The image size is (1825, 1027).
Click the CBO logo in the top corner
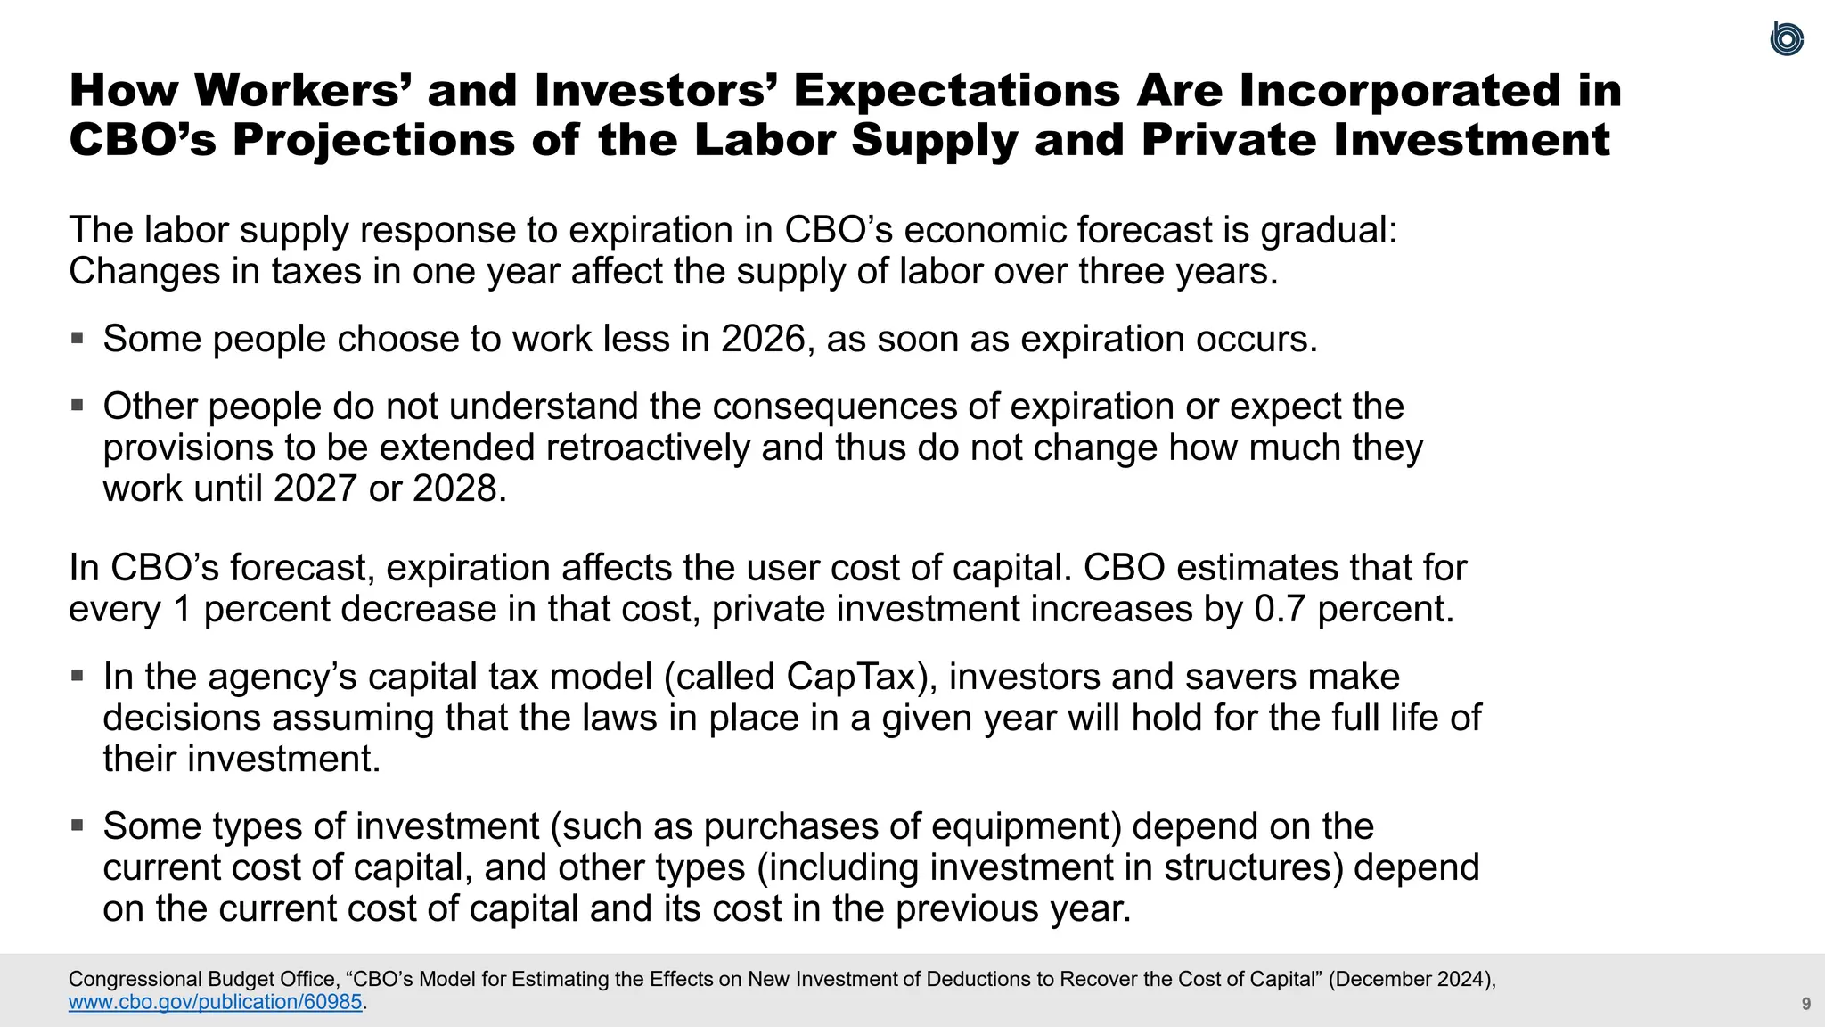click(1787, 39)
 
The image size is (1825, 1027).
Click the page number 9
click(1805, 1004)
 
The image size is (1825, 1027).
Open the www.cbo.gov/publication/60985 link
click(216, 1002)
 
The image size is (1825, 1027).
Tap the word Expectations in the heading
click(957, 91)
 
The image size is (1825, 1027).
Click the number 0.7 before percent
click(1280, 609)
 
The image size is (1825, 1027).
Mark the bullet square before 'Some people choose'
click(78, 338)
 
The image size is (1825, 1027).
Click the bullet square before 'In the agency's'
click(78, 676)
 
